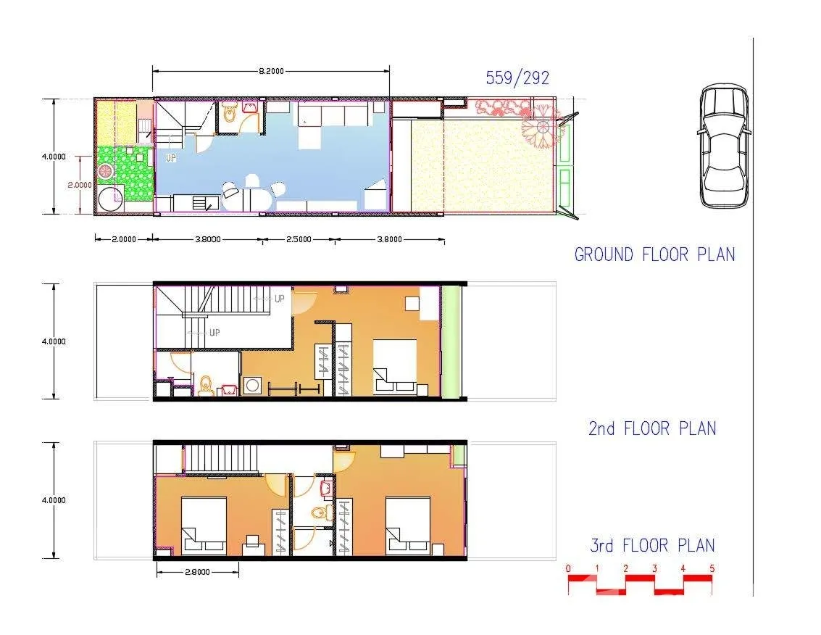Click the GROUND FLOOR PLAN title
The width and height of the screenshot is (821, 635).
coord(654,254)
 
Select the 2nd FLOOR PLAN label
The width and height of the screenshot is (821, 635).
coord(651,428)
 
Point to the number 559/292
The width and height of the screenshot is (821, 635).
coord(517,78)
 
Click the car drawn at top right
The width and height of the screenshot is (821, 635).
coord(723,146)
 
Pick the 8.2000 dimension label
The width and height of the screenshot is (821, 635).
coord(270,70)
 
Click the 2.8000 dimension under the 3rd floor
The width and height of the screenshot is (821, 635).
coord(196,572)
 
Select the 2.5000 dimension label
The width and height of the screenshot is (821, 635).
coord(298,238)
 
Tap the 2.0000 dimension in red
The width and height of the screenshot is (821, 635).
coord(80,184)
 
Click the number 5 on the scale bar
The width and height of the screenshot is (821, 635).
coord(712,568)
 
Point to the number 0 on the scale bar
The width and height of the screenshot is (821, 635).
coord(569,568)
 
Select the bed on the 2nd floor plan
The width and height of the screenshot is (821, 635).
coord(395,366)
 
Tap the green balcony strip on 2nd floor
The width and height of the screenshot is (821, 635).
coord(451,341)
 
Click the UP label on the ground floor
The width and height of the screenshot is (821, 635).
coord(171,157)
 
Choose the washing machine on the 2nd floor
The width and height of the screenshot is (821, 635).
coord(253,385)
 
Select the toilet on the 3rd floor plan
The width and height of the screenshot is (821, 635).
coord(320,513)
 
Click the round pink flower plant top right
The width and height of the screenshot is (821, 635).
coord(539,128)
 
